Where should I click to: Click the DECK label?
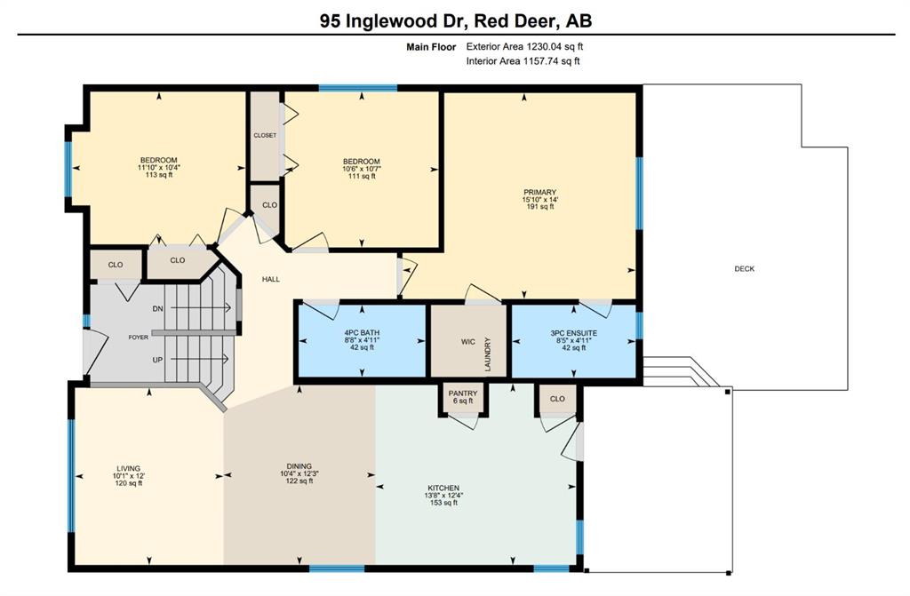click(x=744, y=269)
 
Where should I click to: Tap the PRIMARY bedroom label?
click(x=539, y=192)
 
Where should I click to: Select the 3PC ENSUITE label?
click(x=573, y=333)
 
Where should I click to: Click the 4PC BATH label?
click(x=362, y=333)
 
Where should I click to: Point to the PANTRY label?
click(x=462, y=393)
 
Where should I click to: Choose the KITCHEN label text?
click(x=443, y=488)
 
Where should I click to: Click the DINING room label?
click(x=299, y=466)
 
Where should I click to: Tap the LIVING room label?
click(x=128, y=468)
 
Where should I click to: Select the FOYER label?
click(x=138, y=338)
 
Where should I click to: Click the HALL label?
click(x=270, y=279)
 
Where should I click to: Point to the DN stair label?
click(x=157, y=309)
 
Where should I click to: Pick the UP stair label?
click(x=157, y=360)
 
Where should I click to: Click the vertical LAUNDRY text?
click(x=488, y=354)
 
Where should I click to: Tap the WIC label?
click(x=467, y=342)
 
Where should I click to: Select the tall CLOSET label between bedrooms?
click(x=265, y=135)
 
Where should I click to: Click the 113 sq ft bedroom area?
click(x=158, y=174)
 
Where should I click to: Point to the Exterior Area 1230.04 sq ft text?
click(x=524, y=46)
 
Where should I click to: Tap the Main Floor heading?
click(x=431, y=47)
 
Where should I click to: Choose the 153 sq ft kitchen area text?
click(x=443, y=503)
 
